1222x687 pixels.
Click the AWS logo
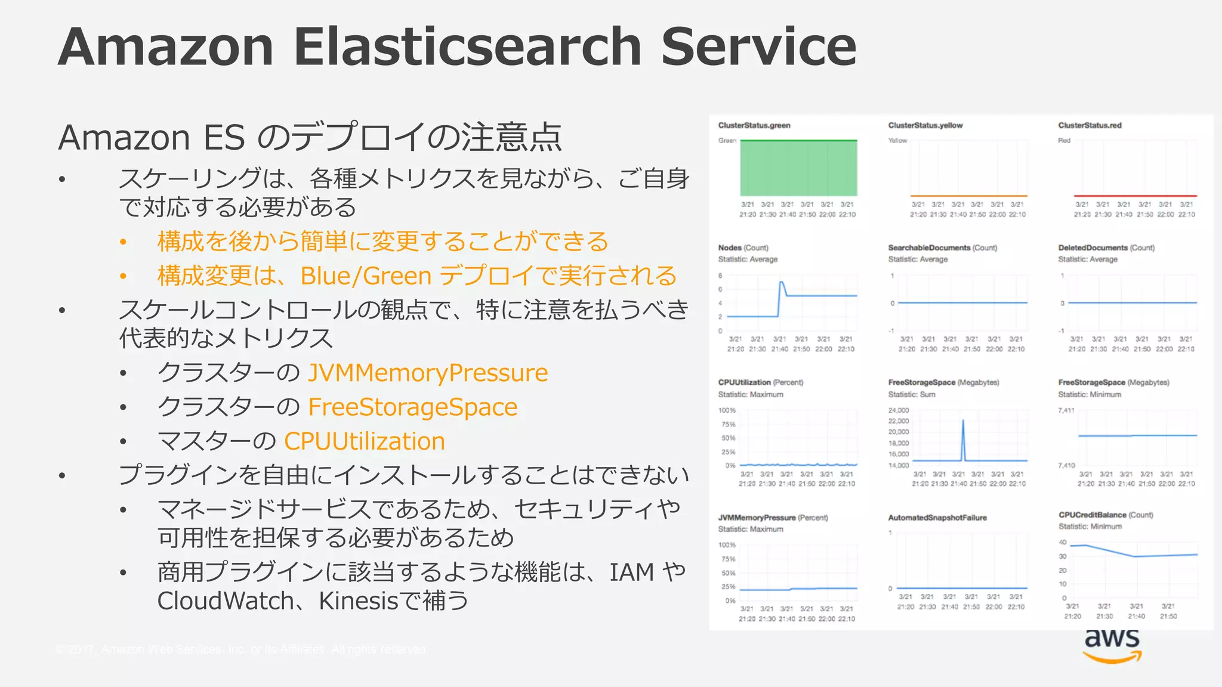(x=1112, y=645)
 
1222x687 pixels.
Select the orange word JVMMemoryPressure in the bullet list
(x=428, y=373)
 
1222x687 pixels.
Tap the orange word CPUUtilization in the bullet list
(x=365, y=441)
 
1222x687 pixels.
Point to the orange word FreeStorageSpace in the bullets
(x=412, y=407)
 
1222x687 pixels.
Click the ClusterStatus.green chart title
(x=754, y=125)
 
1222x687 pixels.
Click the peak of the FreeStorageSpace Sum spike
(x=963, y=420)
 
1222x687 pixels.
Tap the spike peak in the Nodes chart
(x=781, y=282)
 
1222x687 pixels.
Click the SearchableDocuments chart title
(x=929, y=247)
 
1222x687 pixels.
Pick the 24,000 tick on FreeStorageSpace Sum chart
(x=899, y=410)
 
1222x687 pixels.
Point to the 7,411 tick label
(x=1066, y=410)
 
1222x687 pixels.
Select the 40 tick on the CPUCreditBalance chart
(x=1063, y=542)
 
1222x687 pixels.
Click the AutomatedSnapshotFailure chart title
(x=937, y=518)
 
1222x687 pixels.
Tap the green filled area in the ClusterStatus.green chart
(x=798, y=168)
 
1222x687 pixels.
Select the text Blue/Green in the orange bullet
(x=366, y=276)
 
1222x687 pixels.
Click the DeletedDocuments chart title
(x=1093, y=247)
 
